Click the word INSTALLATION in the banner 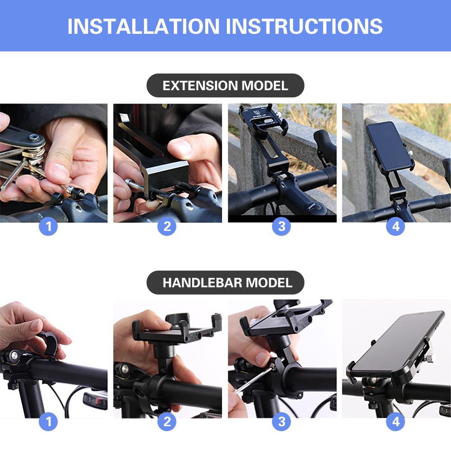click(x=143, y=26)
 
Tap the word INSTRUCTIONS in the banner click(x=304, y=26)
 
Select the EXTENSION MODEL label click(x=225, y=85)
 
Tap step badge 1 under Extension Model click(x=48, y=226)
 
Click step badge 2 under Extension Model click(x=167, y=226)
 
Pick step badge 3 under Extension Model click(x=281, y=226)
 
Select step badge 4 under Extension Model click(x=396, y=226)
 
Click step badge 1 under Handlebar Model click(x=48, y=422)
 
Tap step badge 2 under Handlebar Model click(x=167, y=422)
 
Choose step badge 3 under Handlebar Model click(x=281, y=422)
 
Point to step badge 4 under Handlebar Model click(x=396, y=422)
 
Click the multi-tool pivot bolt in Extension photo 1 click(x=34, y=138)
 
